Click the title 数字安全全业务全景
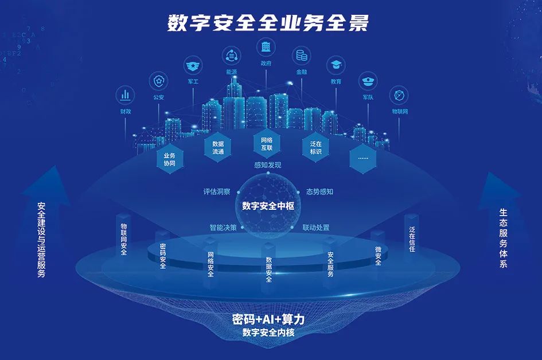tap(268, 23)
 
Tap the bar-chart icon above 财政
tap(125, 95)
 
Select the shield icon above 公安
tap(159, 81)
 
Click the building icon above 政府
tap(266, 47)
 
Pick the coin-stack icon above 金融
tap(302, 56)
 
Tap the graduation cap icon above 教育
tap(336, 65)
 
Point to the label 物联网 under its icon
tap(400, 111)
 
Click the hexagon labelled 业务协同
tap(169, 159)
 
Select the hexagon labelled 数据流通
tap(218, 147)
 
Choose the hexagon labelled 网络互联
tap(267, 144)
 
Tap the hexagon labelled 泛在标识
tap(315, 147)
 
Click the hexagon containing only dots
tap(363, 158)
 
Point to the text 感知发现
tap(268, 165)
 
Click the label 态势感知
tap(319, 191)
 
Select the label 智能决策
tap(223, 228)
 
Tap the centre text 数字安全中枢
tap(268, 206)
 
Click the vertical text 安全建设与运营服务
tap(41, 240)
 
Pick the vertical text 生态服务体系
tap(504, 238)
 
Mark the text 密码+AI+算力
tap(268, 319)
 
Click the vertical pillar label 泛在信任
tap(412, 239)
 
